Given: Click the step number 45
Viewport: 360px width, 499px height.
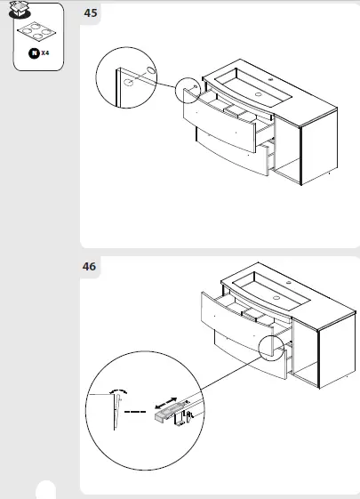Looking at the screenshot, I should click(x=90, y=13).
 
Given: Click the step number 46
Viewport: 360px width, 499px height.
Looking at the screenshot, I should click(x=90, y=266).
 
